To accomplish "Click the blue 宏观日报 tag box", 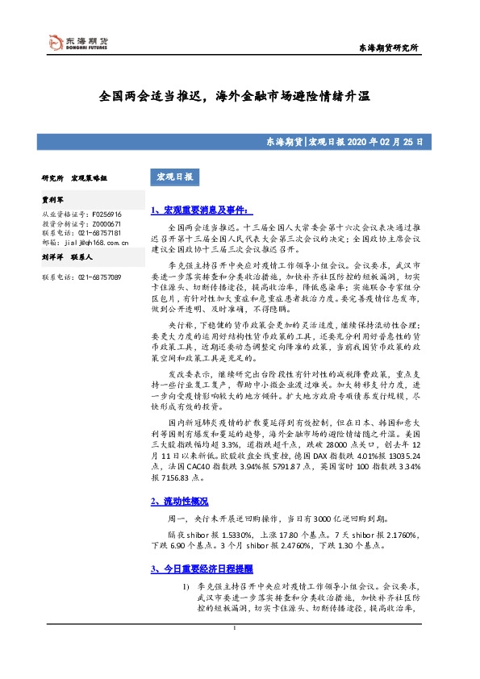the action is tap(174, 177).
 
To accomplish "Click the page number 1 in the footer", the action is tap(234, 650).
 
